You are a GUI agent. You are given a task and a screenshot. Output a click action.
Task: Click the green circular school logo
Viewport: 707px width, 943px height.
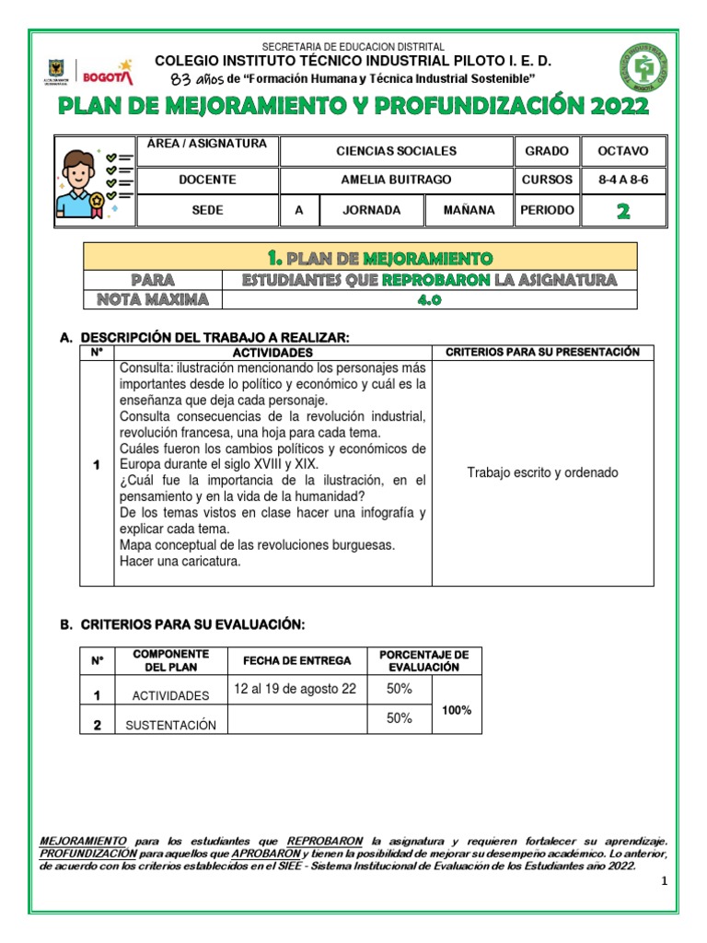coord(643,71)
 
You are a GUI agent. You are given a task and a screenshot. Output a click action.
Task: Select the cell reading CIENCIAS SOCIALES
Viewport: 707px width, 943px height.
coord(396,151)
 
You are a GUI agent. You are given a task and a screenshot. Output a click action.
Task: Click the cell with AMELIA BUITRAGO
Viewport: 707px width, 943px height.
coord(396,180)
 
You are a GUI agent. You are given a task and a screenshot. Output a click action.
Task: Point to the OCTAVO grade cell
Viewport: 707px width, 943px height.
coord(622,151)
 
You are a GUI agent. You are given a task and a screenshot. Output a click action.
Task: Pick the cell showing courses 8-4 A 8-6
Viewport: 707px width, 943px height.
coord(622,180)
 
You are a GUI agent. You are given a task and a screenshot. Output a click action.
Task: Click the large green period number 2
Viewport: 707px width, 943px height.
coord(622,211)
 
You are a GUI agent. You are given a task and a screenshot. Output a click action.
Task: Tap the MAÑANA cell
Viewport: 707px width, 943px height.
coord(469,211)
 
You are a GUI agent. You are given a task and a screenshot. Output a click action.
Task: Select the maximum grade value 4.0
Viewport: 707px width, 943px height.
coord(429,299)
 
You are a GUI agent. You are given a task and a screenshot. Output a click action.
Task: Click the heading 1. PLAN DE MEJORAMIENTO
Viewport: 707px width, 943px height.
coord(360,257)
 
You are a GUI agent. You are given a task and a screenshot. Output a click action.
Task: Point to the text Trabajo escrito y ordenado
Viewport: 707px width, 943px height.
coord(542,473)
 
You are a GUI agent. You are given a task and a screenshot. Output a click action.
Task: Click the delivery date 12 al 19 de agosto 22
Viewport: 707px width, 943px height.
coord(295,689)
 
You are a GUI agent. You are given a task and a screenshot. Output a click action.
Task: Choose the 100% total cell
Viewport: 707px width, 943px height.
coord(456,710)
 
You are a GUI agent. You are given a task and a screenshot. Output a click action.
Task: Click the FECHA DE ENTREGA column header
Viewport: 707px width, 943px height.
coord(296,661)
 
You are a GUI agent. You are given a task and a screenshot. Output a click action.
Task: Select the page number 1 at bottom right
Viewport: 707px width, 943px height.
coord(662,883)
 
